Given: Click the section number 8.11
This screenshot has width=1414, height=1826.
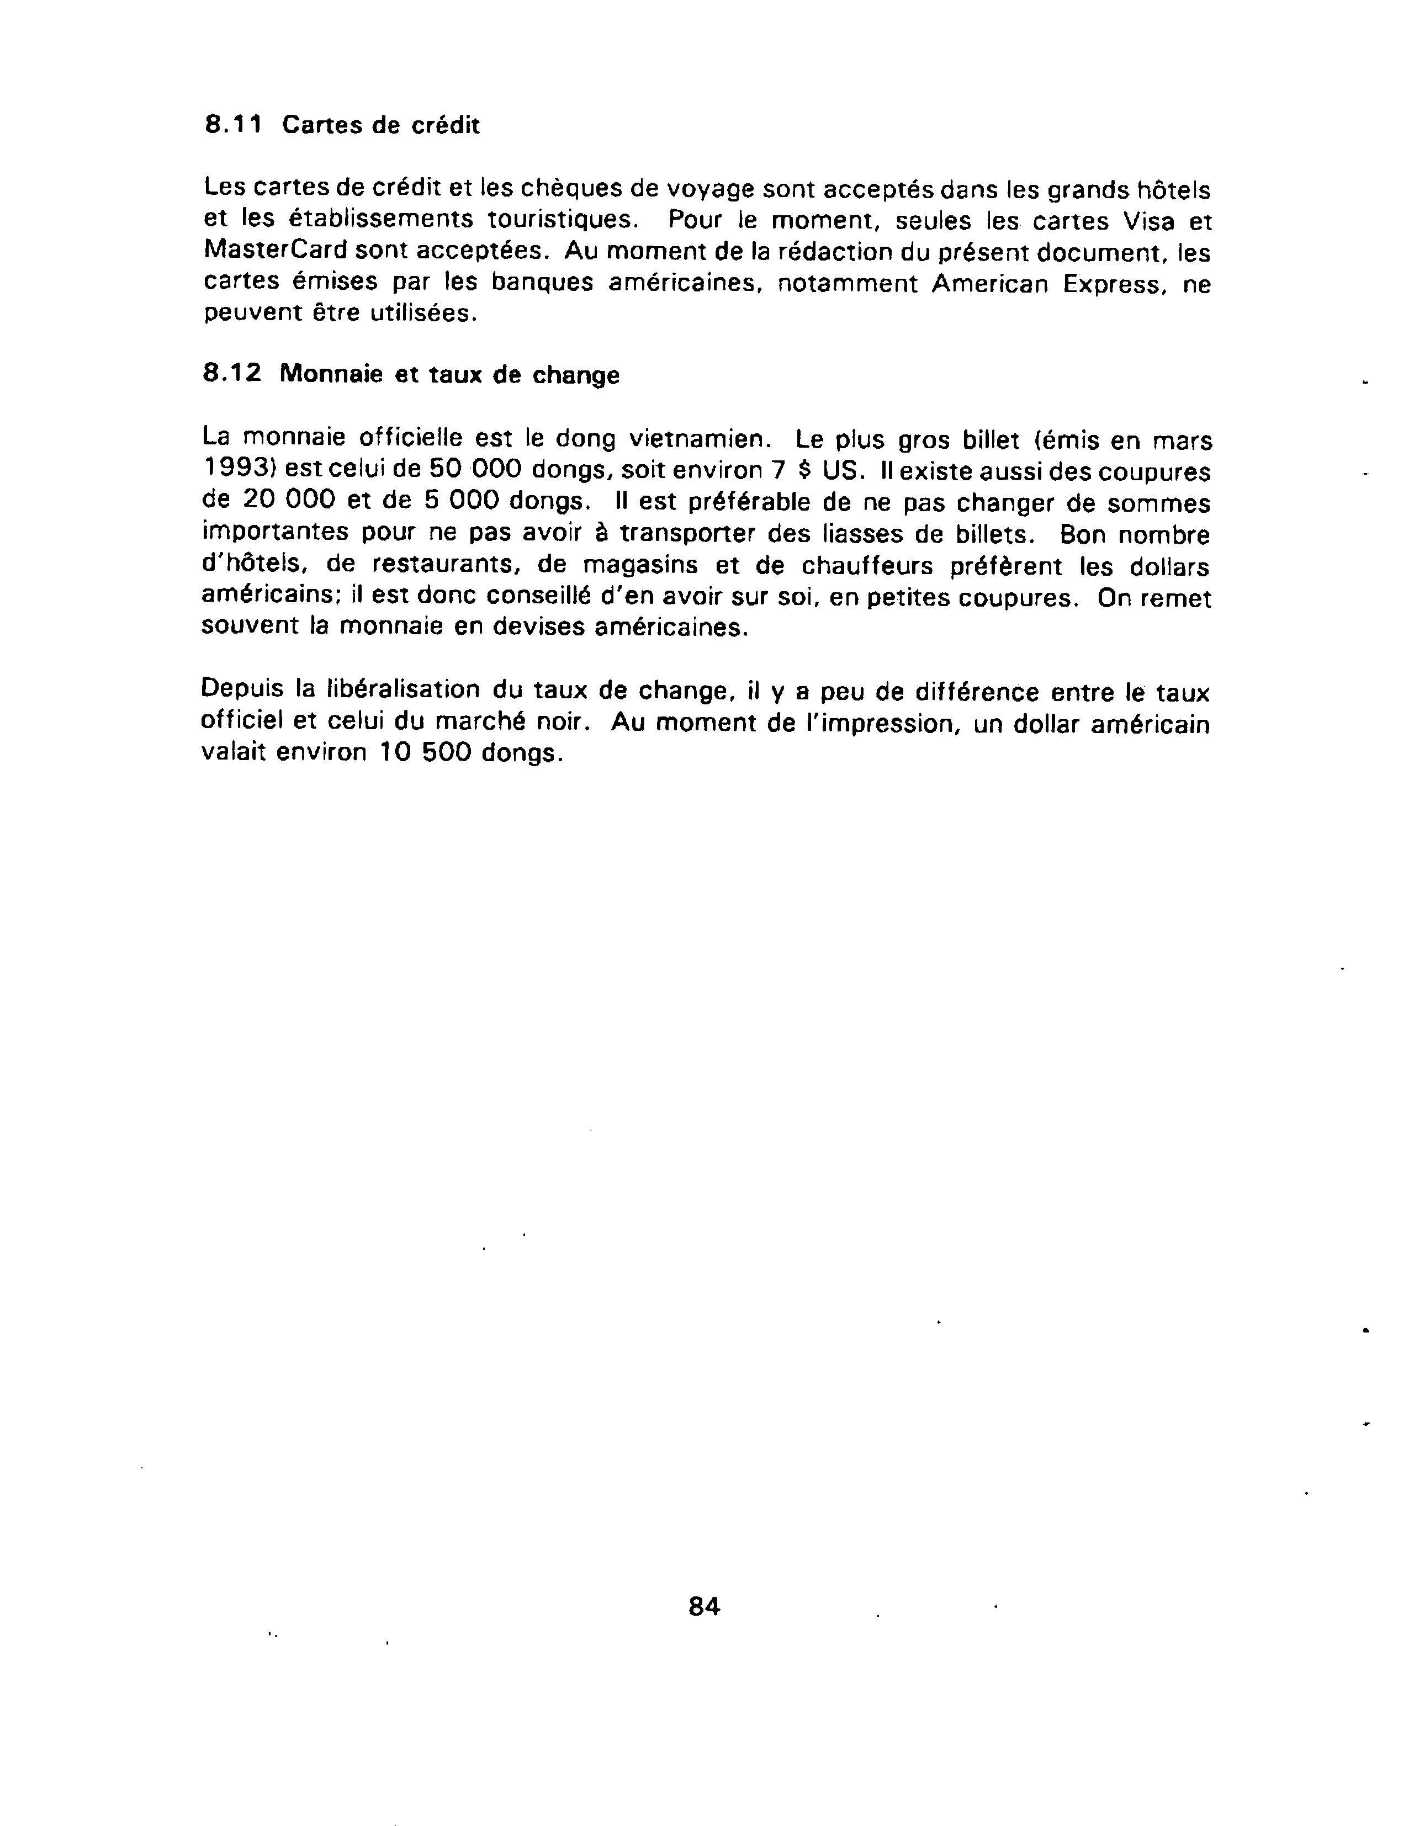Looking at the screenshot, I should (x=234, y=125).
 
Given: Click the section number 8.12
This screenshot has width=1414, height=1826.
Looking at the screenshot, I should (x=232, y=373).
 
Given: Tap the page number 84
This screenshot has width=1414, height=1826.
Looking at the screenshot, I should (x=704, y=1606).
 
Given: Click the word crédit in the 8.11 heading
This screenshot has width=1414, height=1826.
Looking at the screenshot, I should (x=447, y=125).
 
